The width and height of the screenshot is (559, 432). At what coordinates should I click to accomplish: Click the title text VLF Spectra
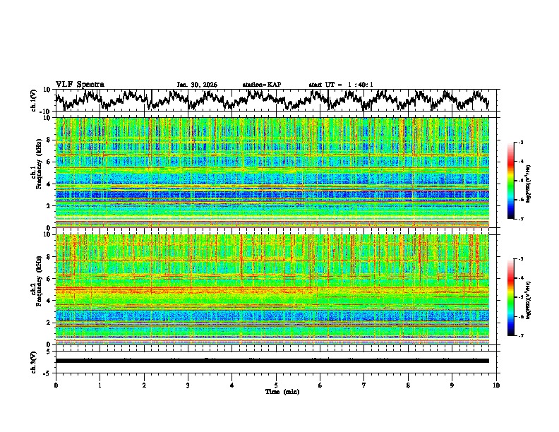coord(80,84)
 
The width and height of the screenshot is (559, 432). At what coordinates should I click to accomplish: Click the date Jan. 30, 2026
coord(197,85)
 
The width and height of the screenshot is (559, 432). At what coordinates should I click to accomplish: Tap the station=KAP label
coord(261,85)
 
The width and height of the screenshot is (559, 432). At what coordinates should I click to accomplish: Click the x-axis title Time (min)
coord(276,391)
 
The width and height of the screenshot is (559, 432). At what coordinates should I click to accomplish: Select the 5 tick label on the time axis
coord(276,385)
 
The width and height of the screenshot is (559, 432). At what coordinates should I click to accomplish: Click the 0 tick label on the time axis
coord(56,385)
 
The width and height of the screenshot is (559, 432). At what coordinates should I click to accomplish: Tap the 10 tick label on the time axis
coord(496,385)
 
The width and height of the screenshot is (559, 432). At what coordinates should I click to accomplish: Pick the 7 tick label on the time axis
coord(364,385)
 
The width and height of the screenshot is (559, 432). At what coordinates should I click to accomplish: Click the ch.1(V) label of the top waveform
coord(34,100)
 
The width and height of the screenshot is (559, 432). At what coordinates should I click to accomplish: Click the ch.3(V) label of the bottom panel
coord(34,361)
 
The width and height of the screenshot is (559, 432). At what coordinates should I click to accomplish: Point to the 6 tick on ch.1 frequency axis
coord(50,162)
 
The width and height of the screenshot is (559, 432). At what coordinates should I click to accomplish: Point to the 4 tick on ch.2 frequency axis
coord(50,301)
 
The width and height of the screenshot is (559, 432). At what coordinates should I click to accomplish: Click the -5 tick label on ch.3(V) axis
coord(48,371)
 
